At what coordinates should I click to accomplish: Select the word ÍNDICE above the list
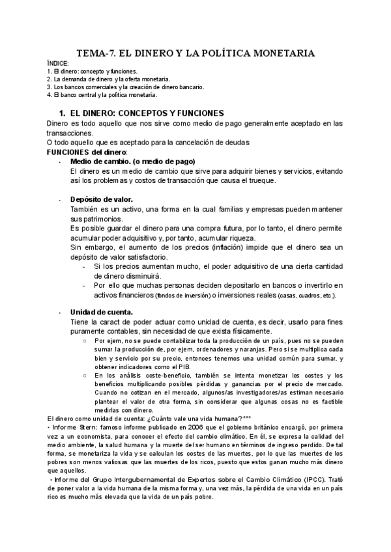point(58,63)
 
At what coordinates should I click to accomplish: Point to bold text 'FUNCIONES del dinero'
point(87,151)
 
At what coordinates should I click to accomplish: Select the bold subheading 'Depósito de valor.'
point(102,199)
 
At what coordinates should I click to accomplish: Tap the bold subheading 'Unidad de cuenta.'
point(102,312)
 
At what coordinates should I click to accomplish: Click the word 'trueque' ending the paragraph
point(259,180)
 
